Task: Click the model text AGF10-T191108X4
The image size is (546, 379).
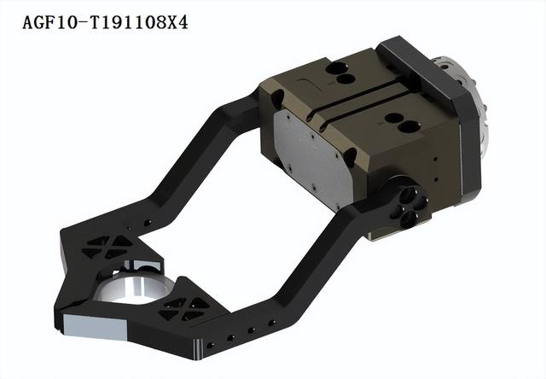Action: pos(105,23)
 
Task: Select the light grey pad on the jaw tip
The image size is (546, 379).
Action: pos(95,327)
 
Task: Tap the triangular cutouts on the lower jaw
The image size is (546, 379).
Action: pos(184,309)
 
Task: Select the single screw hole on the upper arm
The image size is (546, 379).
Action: pos(148,222)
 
